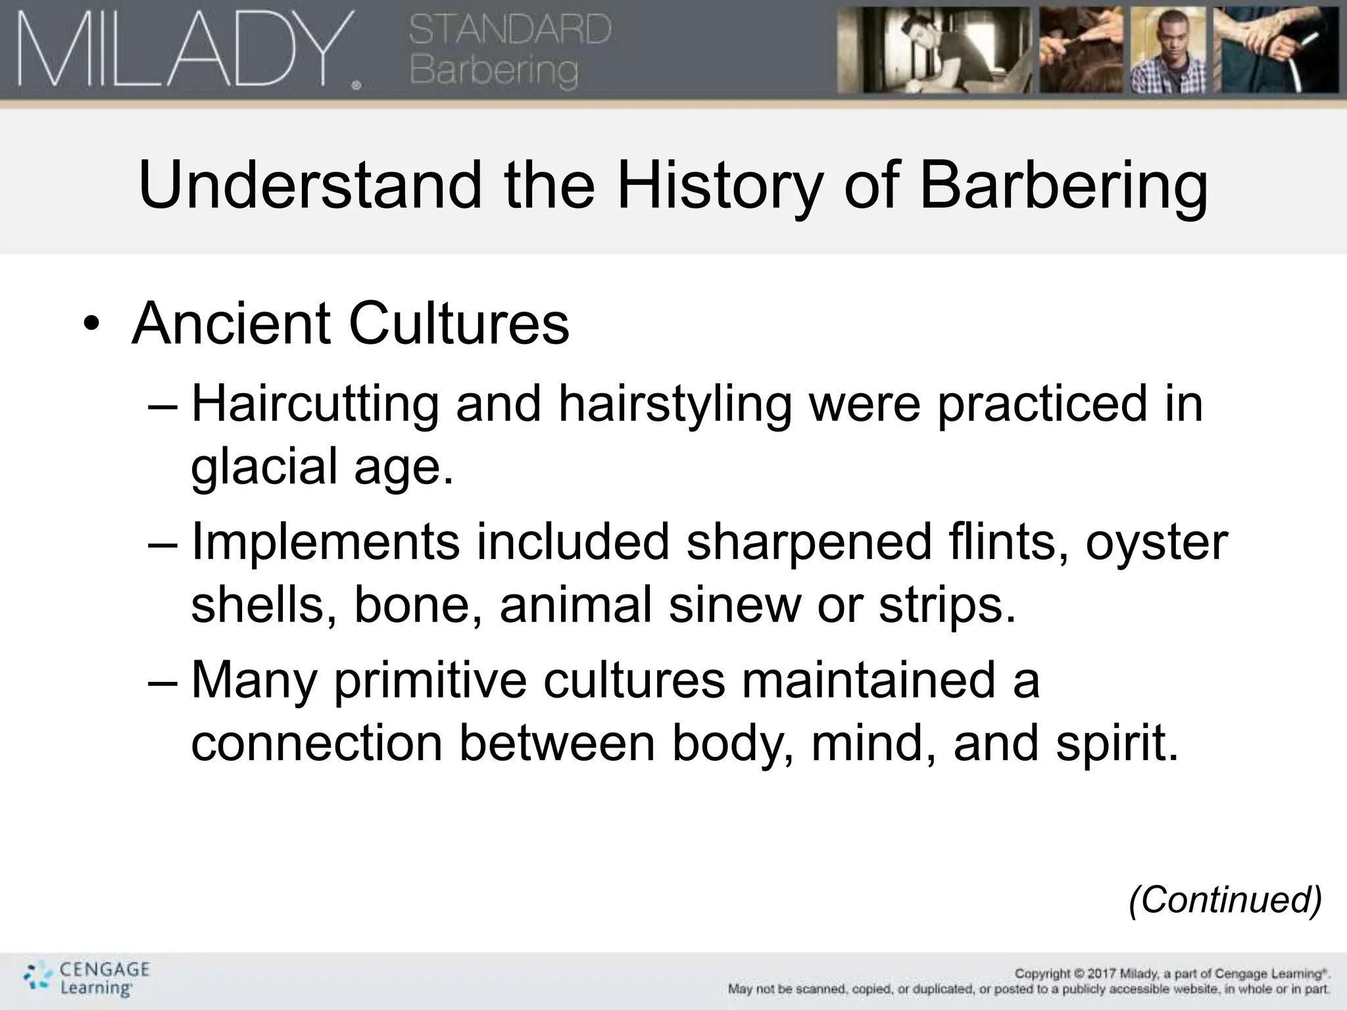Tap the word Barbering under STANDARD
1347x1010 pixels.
coord(494,70)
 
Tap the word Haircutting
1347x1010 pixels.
coord(315,404)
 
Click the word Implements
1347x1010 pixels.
coord(326,542)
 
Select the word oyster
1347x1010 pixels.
coord(1156,543)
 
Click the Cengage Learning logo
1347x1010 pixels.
coord(86,978)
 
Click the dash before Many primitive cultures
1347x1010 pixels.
coord(163,681)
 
